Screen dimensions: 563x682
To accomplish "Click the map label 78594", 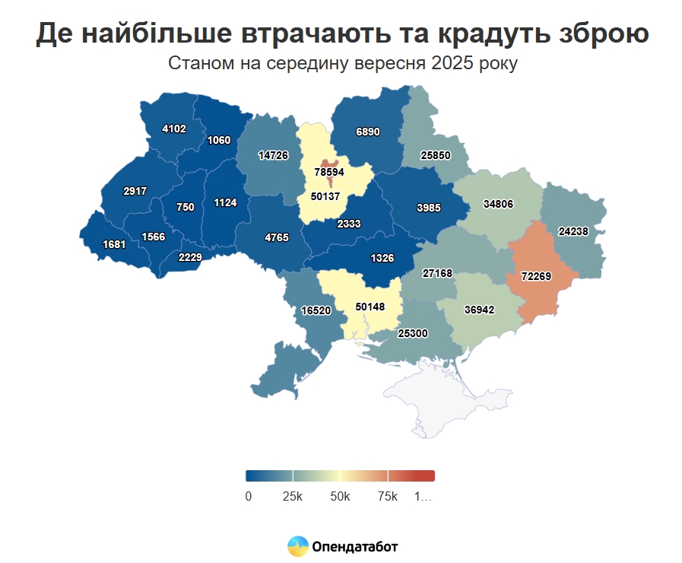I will coord(329,172).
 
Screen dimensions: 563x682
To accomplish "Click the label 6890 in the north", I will coord(367,132).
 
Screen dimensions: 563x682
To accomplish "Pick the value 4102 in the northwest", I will coord(174,129).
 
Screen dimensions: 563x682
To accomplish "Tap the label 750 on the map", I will coord(186,207).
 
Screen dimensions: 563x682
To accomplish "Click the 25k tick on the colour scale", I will coord(293,497).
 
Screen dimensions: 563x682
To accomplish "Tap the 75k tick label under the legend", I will coord(388,497).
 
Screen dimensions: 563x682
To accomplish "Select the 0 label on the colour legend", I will coord(249,497).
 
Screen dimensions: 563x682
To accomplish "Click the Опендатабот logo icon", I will coord(298,546).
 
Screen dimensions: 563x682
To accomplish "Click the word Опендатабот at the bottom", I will coord(354,546).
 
